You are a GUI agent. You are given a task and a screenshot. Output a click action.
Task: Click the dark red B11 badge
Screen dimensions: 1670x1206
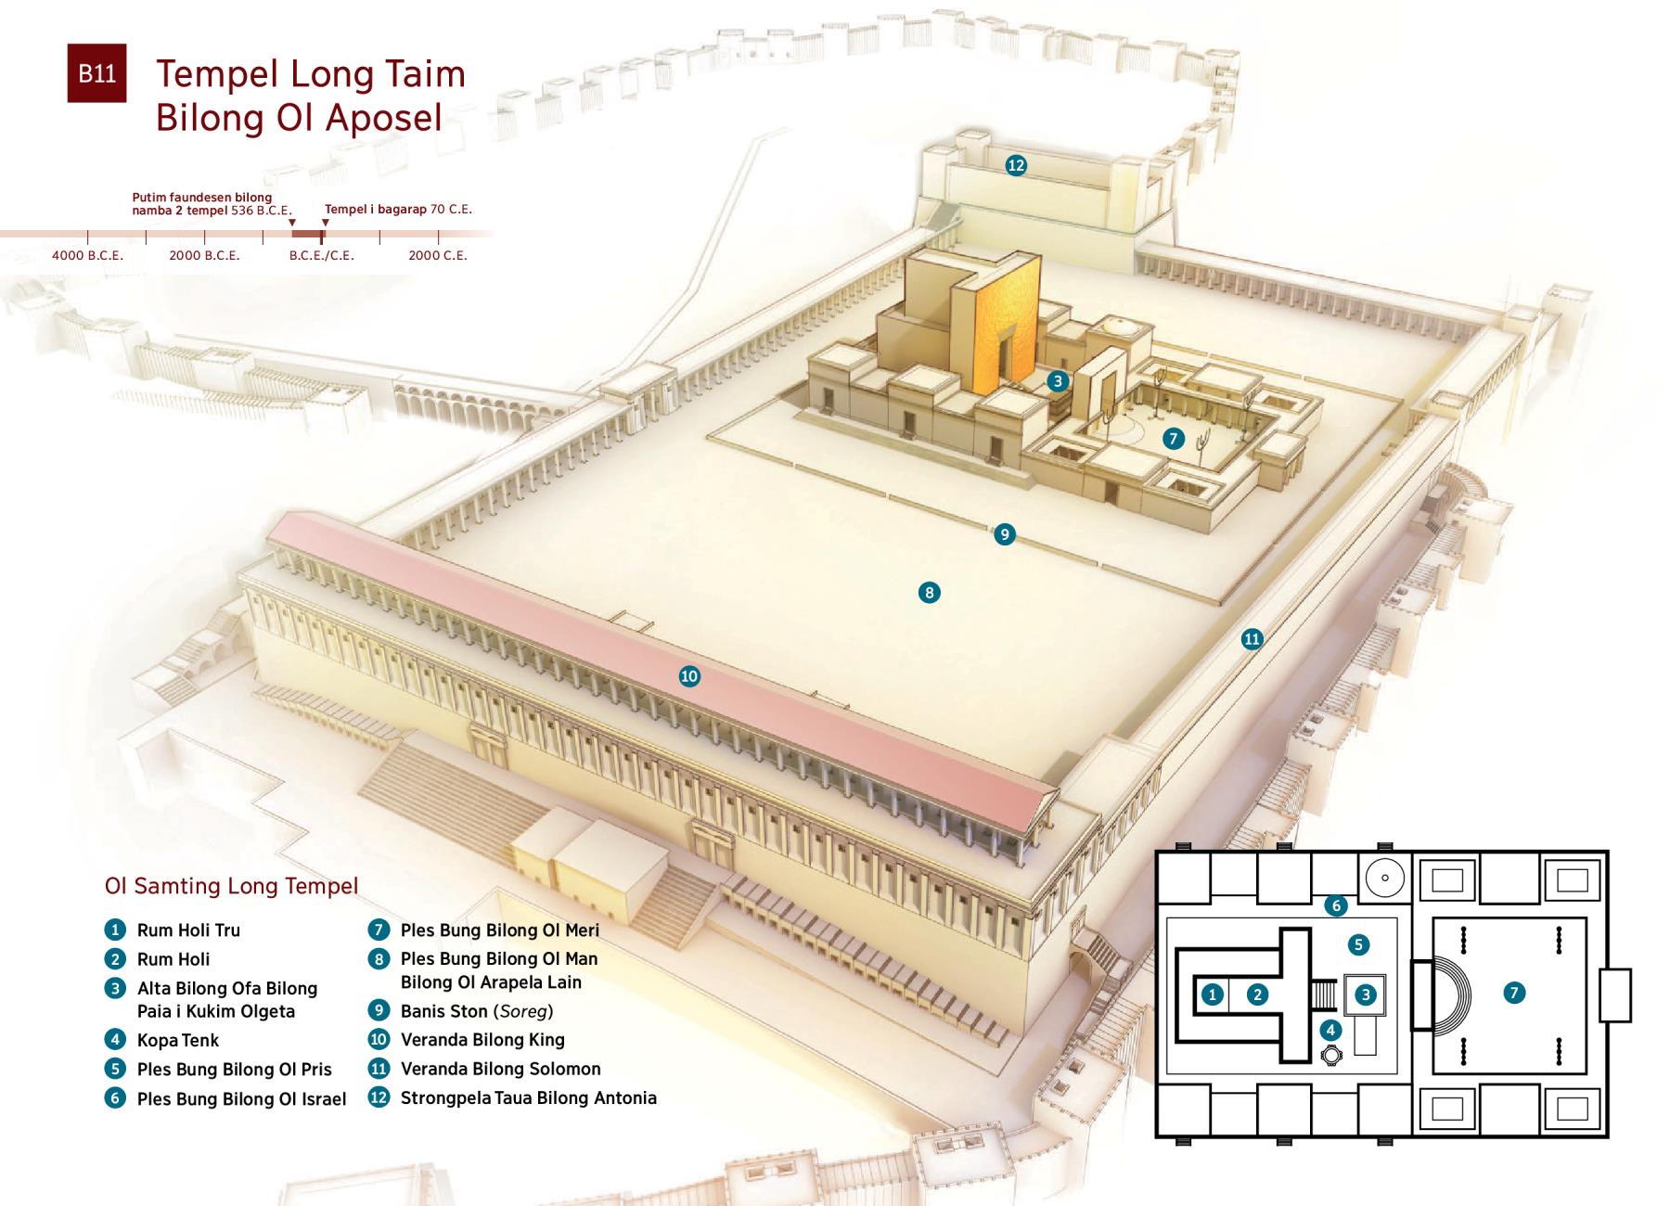pyautogui.click(x=96, y=73)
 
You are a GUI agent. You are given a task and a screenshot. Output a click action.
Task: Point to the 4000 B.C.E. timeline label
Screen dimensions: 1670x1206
pyautogui.click(x=87, y=255)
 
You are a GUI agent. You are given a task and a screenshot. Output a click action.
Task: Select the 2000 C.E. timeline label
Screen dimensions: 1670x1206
pyautogui.click(x=438, y=255)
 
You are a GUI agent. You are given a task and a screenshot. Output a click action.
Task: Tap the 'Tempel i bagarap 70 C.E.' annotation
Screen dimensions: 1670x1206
pyautogui.click(x=398, y=210)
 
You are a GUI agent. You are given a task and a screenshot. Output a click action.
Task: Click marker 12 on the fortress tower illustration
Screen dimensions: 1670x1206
pyautogui.click(x=1016, y=165)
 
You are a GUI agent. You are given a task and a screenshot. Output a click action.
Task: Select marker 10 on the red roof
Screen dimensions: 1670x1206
pyautogui.click(x=689, y=676)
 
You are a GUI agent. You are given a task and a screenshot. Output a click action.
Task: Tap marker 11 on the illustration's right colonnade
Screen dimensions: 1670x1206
pyautogui.click(x=1252, y=638)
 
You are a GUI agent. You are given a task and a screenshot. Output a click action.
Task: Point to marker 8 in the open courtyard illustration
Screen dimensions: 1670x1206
pyautogui.click(x=929, y=592)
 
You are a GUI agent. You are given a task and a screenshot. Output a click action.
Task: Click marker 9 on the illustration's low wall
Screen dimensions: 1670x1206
pyautogui.click(x=1004, y=534)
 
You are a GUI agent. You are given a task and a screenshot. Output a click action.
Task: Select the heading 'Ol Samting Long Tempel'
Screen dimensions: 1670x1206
pyautogui.click(x=231, y=886)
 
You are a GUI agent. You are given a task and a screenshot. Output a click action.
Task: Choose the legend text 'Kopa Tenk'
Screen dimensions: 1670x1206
pyautogui.click(x=178, y=1040)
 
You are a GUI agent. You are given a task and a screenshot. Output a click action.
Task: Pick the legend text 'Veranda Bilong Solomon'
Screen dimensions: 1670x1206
pyautogui.click(x=500, y=1069)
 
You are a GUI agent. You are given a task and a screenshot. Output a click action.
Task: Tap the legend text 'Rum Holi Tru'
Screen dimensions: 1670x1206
pyautogui.click(x=188, y=930)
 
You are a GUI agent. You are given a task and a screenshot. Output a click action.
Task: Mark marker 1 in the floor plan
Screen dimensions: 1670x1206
pyautogui.click(x=1213, y=994)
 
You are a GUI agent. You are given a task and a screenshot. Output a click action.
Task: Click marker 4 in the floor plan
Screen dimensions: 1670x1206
pyautogui.click(x=1330, y=1029)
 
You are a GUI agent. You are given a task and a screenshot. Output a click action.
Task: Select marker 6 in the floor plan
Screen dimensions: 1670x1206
pyautogui.click(x=1336, y=905)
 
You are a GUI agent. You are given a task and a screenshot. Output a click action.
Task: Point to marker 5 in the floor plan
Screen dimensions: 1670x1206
pyautogui.click(x=1358, y=944)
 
